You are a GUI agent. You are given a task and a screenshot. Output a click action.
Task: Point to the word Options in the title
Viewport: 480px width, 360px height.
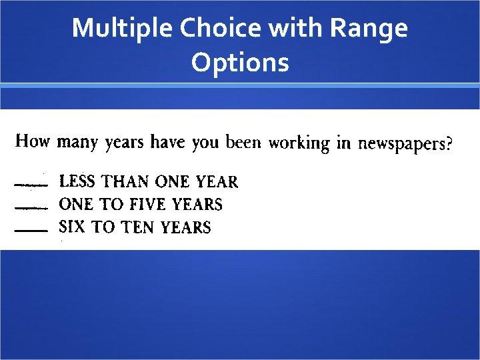[x=240, y=63]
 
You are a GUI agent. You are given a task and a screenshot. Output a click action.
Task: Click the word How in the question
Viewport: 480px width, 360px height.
[x=33, y=141]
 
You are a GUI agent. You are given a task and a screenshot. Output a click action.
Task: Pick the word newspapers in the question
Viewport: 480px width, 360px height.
[x=399, y=144]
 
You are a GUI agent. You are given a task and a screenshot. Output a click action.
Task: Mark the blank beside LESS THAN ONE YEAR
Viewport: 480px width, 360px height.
[x=30, y=183]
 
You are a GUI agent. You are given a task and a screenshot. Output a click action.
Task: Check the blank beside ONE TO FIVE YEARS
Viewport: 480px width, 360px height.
[x=30, y=207]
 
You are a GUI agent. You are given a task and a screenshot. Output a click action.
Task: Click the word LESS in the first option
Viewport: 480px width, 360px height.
[x=77, y=181]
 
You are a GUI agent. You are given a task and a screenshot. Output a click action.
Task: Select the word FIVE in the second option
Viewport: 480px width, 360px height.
[x=148, y=204]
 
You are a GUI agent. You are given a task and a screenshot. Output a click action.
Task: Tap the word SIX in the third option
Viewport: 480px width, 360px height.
[x=73, y=227]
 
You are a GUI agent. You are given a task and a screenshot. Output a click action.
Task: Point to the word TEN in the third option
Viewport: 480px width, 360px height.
[x=137, y=227]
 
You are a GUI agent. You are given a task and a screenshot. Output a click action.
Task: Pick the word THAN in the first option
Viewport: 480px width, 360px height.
[x=125, y=181]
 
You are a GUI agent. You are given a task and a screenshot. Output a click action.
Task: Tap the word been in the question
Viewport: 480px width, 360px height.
[x=243, y=142]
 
